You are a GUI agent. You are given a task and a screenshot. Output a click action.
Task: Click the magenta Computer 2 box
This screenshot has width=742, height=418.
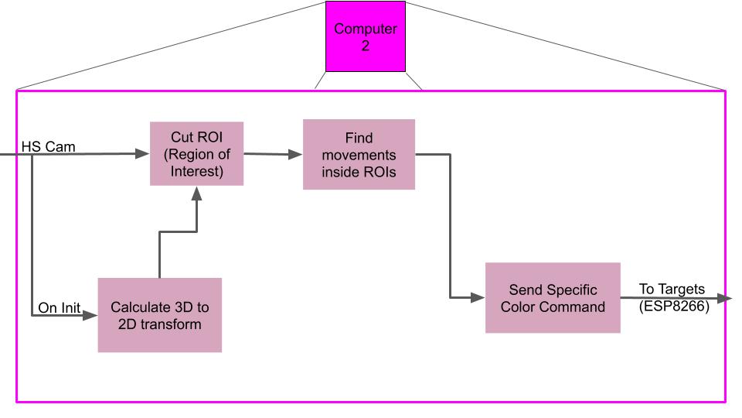pyautogui.click(x=365, y=36)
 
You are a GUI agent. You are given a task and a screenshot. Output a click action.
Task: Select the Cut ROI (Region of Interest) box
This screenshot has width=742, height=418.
pyautogui.click(x=196, y=153)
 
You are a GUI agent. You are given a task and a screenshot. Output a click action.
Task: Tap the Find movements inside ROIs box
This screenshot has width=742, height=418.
pyautogui.click(x=359, y=154)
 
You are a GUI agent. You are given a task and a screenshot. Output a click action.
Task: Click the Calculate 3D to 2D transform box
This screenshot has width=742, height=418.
pyautogui.click(x=159, y=315)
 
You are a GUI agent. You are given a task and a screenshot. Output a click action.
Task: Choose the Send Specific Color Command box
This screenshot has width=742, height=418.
pyautogui.click(x=553, y=298)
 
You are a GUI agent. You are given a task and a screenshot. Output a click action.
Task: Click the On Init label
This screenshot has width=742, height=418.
pyautogui.click(x=60, y=308)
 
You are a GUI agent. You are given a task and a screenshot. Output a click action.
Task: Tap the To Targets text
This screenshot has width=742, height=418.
pyautogui.click(x=672, y=289)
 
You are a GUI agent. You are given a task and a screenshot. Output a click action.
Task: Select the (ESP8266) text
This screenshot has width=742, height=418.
pyautogui.click(x=674, y=306)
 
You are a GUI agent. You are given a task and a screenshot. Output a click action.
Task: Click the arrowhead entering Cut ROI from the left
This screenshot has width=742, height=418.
pyautogui.click(x=142, y=154)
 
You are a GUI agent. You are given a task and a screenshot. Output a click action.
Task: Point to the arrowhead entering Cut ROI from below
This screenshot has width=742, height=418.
pyautogui.click(x=196, y=193)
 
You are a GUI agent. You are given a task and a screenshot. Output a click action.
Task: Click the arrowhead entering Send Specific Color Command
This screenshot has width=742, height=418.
pyautogui.click(x=478, y=297)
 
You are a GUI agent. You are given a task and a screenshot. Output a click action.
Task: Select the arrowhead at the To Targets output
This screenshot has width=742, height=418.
pyautogui.click(x=724, y=298)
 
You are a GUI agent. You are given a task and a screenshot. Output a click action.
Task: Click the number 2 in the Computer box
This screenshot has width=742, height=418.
pyautogui.click(x=365, y=46)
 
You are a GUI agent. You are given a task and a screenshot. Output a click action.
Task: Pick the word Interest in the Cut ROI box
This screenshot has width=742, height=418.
pyautogui.click(x=196, y=171)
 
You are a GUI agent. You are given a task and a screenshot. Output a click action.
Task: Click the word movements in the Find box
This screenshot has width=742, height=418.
pyautogui.click(x=359, y=155)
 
